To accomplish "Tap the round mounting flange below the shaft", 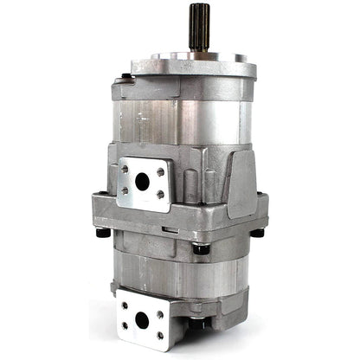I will (x=194, y=66).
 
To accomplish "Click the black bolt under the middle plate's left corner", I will (x=102, y=232).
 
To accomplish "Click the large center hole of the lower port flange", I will (x=142, y=319).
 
